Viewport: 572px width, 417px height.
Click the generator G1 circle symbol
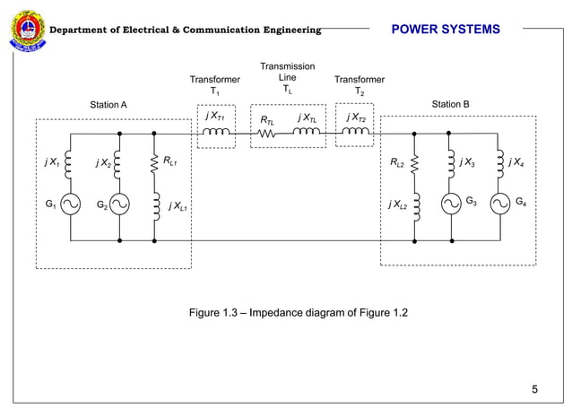(70, 206)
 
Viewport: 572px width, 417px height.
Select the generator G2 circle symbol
(119, 206)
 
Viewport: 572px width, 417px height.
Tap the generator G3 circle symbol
(451, 204)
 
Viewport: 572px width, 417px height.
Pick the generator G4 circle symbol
(500, 204)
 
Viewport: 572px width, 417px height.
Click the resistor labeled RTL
(265, 135)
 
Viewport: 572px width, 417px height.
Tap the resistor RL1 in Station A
(155, 163)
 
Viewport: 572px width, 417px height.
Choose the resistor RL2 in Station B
(415, 163)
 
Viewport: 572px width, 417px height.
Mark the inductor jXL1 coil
(155, 206)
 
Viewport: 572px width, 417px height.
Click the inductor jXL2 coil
(415, 205)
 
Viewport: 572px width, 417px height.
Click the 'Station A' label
(108, 106)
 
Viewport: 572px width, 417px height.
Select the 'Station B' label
(450, 105)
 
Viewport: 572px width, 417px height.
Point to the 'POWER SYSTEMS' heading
(446, 30)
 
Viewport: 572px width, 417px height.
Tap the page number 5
(534, 389)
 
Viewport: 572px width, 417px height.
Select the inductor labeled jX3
(451, 163)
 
